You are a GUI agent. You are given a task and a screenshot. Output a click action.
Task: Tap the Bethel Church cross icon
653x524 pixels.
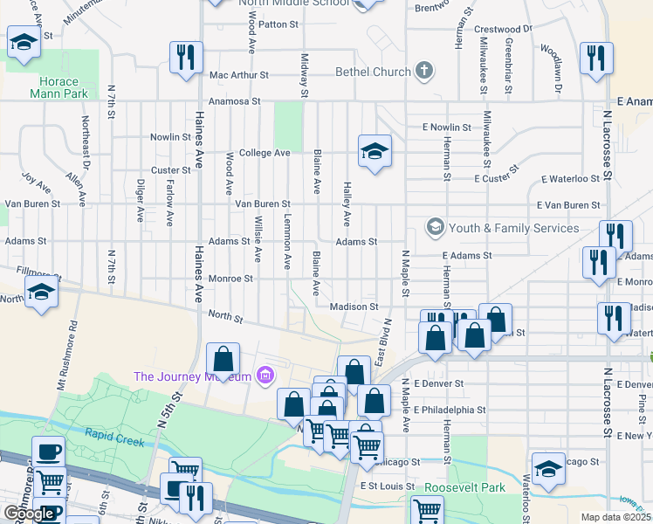(x=423, y=71)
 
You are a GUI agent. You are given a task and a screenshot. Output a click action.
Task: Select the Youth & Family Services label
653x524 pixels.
(x=513, y=228)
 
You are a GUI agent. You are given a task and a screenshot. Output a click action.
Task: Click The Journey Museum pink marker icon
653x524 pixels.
(x=266, y=376)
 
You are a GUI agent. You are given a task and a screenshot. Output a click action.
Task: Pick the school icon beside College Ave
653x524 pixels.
(x=374, y=152)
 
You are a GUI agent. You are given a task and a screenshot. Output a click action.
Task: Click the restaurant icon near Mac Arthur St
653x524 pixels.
(x=186, y=57)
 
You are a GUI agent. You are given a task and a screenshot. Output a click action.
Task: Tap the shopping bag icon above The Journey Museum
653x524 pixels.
(x=223, y=357)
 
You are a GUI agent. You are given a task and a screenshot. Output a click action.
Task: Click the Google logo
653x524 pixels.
(x=29, y=514)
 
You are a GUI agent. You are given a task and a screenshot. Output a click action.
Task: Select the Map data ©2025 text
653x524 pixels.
(x=615, y=517)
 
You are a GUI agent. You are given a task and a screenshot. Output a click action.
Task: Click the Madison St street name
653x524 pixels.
(x=354, y=307)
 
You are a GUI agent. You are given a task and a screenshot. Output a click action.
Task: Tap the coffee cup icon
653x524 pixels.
(x=50, y=452)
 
